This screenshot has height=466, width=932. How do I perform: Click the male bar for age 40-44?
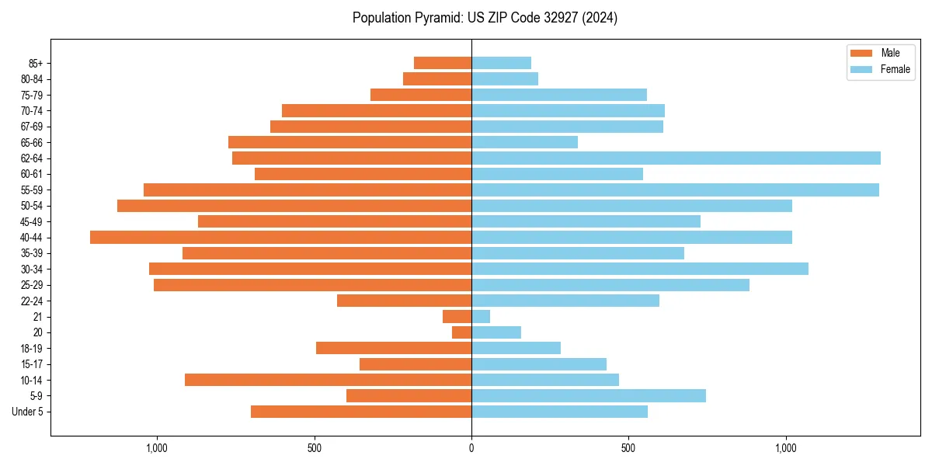tap(280, 237)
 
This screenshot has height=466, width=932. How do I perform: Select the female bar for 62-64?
tap(676, 158)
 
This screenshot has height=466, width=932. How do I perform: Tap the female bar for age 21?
tap(481, 316)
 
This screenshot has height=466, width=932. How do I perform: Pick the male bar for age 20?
tap(462, 332)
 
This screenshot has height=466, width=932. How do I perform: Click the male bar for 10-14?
tap(328, 380)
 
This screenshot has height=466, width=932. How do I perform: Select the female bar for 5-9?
tap(589, 395)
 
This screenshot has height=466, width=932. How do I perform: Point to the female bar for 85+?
tap(501, 63)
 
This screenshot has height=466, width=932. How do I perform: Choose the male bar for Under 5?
tap(361, 412)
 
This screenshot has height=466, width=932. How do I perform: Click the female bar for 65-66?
tap(524, 142)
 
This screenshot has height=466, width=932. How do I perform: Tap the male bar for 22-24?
tap(404, 301)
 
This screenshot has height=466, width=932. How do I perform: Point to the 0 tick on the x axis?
tap(471, 448)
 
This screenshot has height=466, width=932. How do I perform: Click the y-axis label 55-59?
tap(32, 190)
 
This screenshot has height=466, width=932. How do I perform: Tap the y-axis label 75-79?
tap(32, 95)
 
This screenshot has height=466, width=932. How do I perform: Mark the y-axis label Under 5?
tap(28, 412)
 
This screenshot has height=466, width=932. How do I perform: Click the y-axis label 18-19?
tap(32, 348)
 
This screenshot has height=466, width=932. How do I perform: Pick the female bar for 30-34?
tap(640, 269)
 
